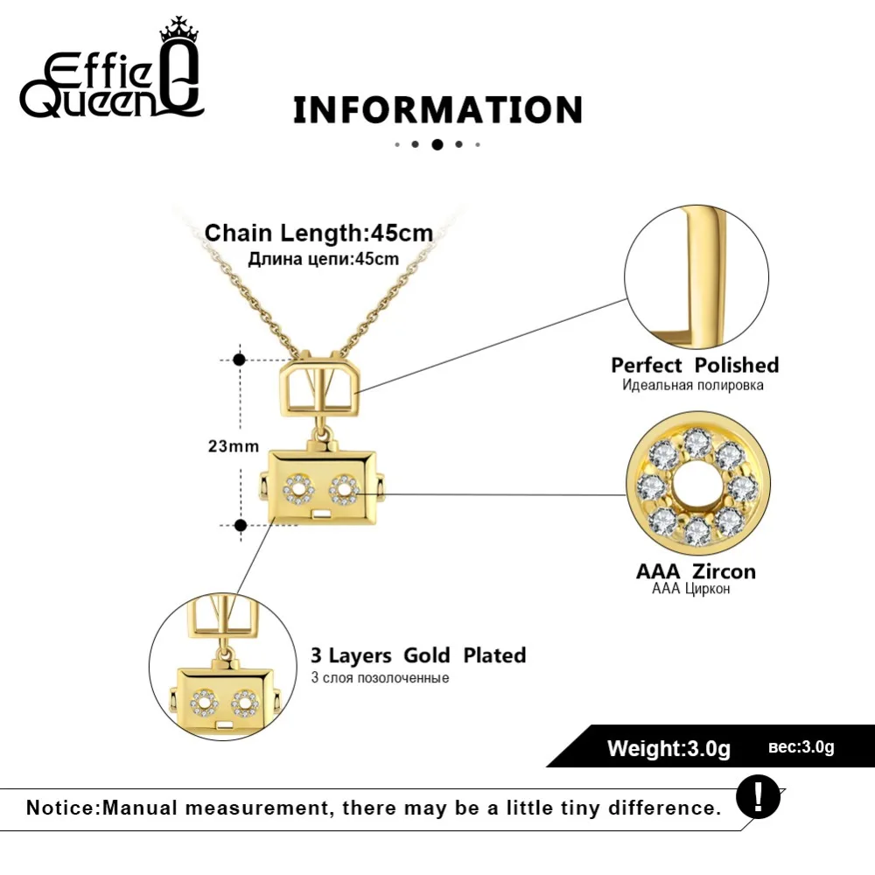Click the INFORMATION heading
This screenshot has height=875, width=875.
[437, 110]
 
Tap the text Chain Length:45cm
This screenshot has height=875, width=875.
[319, 234]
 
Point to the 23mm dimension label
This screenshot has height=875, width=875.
[233, 446]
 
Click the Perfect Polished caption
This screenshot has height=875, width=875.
[695, 365]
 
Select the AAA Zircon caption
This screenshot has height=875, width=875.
[696, 571]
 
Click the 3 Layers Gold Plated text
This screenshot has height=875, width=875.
[418, 655]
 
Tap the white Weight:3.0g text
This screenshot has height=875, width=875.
[668, 748]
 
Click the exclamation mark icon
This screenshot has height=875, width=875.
[758, 796]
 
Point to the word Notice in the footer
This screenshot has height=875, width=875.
[60, 807]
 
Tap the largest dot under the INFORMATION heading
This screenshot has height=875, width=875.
[437, 144]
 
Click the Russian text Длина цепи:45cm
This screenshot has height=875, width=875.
[324, 258]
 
